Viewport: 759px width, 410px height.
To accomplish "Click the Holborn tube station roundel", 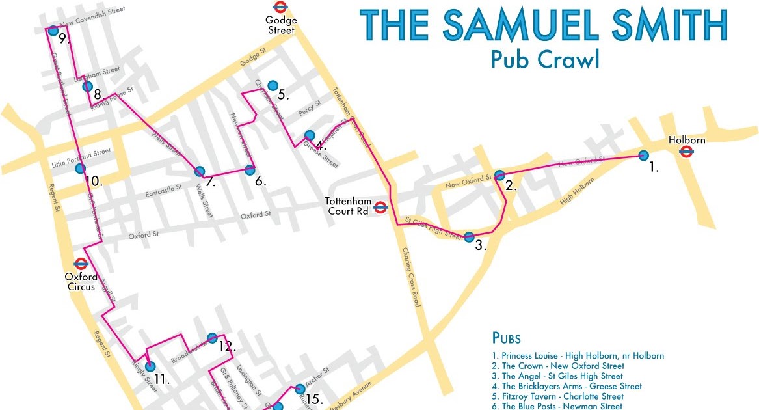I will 686,152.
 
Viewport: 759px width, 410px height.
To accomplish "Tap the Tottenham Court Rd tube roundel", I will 381,208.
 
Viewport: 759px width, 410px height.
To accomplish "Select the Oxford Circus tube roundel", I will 81,264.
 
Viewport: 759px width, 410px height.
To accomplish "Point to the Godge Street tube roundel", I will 280,7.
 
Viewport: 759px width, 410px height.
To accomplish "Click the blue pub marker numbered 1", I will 643,155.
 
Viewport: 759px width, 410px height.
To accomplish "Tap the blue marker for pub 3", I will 469,236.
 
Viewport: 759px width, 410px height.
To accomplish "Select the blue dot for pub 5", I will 273,85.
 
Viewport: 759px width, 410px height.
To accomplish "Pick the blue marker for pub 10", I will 80,169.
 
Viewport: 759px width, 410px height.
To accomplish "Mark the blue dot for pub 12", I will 211,337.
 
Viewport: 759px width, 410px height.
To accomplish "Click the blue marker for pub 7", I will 200,171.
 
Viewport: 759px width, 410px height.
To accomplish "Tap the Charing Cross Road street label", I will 412,277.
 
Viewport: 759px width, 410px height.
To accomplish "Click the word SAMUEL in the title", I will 520,25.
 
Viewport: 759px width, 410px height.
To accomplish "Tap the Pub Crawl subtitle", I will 544,59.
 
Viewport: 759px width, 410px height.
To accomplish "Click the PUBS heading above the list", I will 506,338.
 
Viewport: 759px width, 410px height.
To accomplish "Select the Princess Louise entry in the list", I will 578,356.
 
